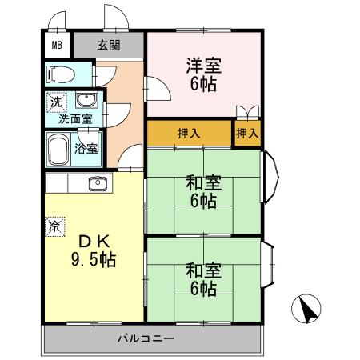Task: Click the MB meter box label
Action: (57, 45)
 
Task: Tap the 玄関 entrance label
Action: (109, 45)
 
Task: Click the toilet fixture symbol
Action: (61, 75)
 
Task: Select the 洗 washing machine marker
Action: (56, 102)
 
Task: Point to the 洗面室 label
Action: (74, 118)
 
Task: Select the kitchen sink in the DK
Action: (98, 183)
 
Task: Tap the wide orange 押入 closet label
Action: (188, 134)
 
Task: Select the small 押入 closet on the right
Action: (247, 134)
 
